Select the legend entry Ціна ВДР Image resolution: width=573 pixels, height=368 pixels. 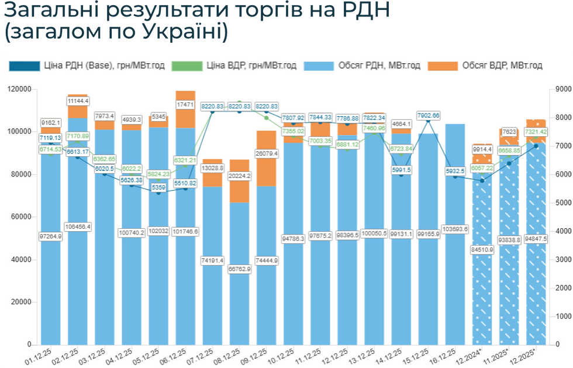251,66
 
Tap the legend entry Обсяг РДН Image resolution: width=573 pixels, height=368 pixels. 379,66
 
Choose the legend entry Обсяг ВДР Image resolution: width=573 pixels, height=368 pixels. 502,66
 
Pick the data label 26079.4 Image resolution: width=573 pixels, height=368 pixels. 266,153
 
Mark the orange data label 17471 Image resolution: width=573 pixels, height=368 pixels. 185,105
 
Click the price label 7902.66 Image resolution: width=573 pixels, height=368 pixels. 428,115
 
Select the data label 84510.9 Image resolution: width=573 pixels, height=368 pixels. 482,249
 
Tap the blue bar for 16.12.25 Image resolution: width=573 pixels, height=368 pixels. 455,263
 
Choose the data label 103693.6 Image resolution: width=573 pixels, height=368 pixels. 455,228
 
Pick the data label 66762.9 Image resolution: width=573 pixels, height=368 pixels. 239,269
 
